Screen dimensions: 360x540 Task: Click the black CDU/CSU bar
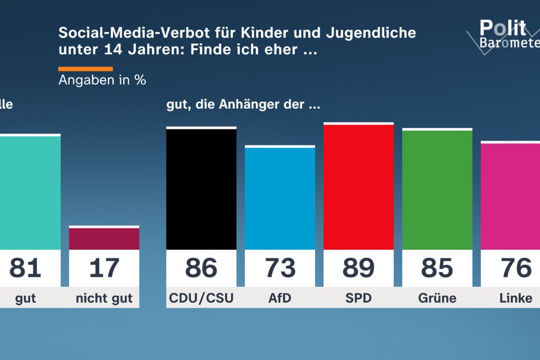pyautogui.click(x=201, y=189)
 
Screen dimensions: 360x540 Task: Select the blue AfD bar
pyautogui.click(x=279, y=198)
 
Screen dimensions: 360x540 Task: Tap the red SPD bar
pyautogui.click(x=358, y=187)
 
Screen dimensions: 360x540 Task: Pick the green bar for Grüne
pyautogui.click(x=437, y=190)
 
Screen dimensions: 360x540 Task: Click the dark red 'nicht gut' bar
pyautogui.click(x=104, y=238)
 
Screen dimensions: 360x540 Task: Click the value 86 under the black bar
pyautogui.click(x=201, y=268)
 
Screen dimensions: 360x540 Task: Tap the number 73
pyautogui.click(x=279, y=268)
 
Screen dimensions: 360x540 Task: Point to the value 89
pyautogui.click(x=358, y=268)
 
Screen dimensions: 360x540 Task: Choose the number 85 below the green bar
pyautogui.click(x=437, y=268)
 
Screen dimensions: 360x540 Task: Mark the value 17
pyautogui.click(x=104, y=268)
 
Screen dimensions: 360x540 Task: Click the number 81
pyautogui.click(x=26, y=268)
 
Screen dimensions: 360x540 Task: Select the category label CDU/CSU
pyautogui.click(x=201, y=298)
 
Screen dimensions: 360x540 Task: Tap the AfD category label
pyautogui.click(x=279, y=298)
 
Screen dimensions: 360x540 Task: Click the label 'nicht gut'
pyautogui.click(x=104, y=298)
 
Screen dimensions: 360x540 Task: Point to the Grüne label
pyautogui.click(x=437, y=298)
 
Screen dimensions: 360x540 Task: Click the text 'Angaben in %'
pyautogui.click(x=102, y=80)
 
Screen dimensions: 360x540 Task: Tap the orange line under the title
pyautogui.click(x=85, y=69)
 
